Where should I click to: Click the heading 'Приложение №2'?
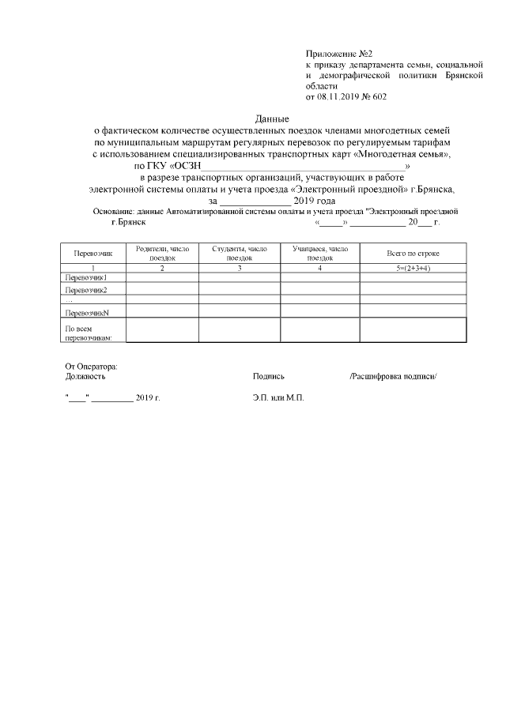[x=333, y=51]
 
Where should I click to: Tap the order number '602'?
[x=379, y=96]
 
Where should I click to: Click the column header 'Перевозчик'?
[x=93, y=253]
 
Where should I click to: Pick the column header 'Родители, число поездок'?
[x=162, y=253]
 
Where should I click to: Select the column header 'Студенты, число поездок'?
[x=240, y=253]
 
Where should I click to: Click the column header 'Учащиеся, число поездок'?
[x=319, y=253]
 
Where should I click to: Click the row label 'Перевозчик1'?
[x=85, y=277]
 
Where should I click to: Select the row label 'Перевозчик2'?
[x=85, y=290]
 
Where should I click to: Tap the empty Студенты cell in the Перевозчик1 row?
[x=240, y=277]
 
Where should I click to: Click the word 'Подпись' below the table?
[x=269, y=377]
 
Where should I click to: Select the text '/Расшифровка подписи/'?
[x=393, y=377]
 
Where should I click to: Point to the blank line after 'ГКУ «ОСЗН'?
[x=303, y=167]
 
